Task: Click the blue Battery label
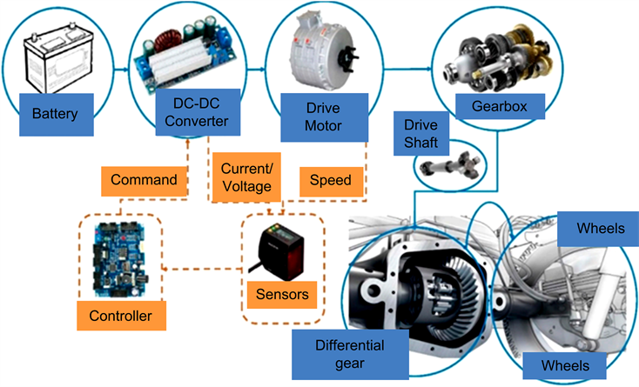tap(55, 114)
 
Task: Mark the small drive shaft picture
tap(453, 164)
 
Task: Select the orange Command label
tap(145, 181)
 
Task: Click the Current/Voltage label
tap(248, 176)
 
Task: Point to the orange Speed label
tap(331, 181)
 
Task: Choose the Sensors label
tap(282, 294)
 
